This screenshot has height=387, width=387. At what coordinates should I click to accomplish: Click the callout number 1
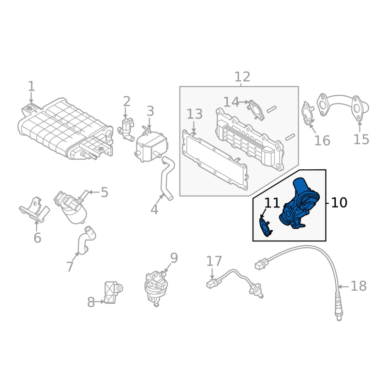pyautogui.click(x=31, y=87)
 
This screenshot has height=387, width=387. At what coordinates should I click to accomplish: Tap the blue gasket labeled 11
pyautogui.click(x=266, y=227)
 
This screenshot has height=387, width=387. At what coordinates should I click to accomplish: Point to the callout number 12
pyautogui.click(x=242, y=77)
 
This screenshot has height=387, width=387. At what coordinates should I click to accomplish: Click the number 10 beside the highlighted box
pyautogui.click(x=339, y=203)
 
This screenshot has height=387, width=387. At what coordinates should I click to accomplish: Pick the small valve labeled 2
pyautogui.click(x=126, y=128)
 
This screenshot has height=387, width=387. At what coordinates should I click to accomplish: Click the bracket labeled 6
pyautogui.click(x=34, y=210)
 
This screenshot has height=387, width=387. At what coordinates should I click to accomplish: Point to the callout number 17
pyautogui.click(x=214, y=261)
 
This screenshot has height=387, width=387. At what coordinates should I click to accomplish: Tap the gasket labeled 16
pyautogui.click(x=308, y=113)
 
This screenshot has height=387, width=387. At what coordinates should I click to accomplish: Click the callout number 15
pyautogui.click(x=361, y=139)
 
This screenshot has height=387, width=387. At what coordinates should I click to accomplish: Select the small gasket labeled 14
pyautogui.click(x=256, y=110)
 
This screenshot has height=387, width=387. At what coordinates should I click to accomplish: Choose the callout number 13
pyautogui.click(x=194, y=114)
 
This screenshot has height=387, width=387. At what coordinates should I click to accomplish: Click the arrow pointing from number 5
pyautogui.click(x=93, y=192)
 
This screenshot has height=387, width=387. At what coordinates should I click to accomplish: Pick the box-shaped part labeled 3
pyautogui.click(x=151, y=146)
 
